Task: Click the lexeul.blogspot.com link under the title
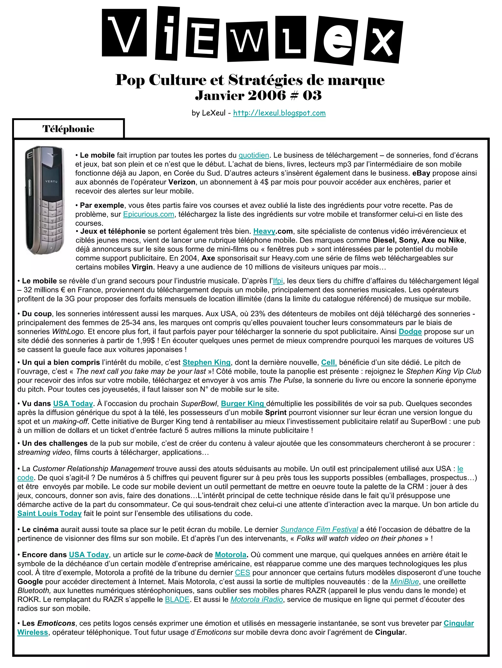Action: [x=279, y=113]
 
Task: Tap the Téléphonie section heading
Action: [x=68, y=129]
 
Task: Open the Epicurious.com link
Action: [x=149, y=214]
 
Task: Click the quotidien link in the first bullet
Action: [x=254, y=155]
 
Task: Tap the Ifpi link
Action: [x=278, y=281]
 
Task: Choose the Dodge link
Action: [x=410, y=332]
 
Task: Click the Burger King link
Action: [x=243, y=404]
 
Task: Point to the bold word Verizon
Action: [x=182, y=182]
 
